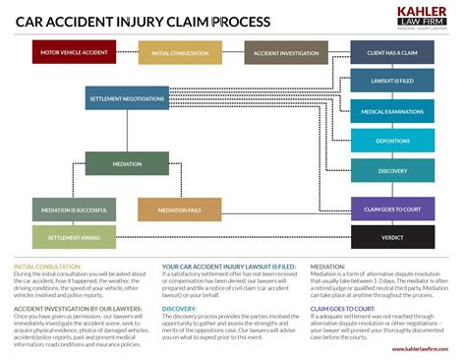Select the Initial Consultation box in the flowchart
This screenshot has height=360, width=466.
point(180,53)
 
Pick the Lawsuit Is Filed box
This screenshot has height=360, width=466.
point(392,82)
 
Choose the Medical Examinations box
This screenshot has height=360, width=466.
point(392,112)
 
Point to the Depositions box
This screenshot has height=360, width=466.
point(392,142)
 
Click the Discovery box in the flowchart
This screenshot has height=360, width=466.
point(392,171)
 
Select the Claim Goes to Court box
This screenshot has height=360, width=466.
point(392,208)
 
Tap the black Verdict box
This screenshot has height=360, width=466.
point(392,237)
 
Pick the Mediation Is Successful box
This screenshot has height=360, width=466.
point(74,210)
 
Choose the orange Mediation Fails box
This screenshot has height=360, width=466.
point(179,210)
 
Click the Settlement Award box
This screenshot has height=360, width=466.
point(74,237)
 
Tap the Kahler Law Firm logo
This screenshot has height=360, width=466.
point(420,17)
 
